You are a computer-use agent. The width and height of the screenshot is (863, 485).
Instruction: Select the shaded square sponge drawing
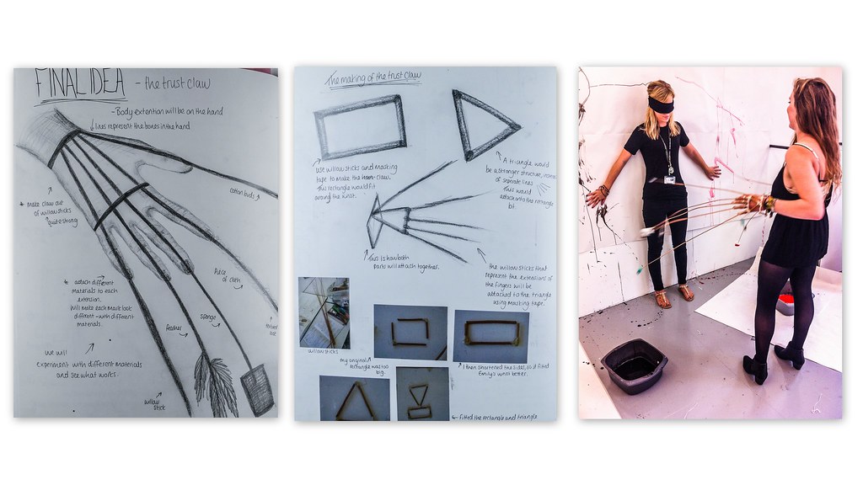pyautogui.click(x=257, y=389)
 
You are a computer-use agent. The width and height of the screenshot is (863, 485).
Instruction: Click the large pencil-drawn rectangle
pyautogui.click(x=360, y=127)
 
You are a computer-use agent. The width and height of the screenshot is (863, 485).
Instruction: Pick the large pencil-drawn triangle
pyautogui.click(x=481, y=124)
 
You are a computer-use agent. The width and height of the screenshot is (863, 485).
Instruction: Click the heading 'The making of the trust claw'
pyautogui.click(x=373, y=77)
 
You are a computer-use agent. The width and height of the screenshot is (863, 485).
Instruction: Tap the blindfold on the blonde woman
pyautogui.click(x=660, y=105)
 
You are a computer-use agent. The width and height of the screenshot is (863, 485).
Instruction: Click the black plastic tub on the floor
pyautogui.click(x=634, y=365)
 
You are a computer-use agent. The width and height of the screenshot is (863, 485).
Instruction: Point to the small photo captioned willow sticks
pyautogui.click(x=324, y=312)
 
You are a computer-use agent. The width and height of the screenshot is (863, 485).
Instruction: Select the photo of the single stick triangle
pyautogui.click(x=354, y=398)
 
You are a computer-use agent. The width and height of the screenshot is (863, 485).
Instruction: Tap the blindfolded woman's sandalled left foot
pyautogui.click(x=687, y=293)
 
